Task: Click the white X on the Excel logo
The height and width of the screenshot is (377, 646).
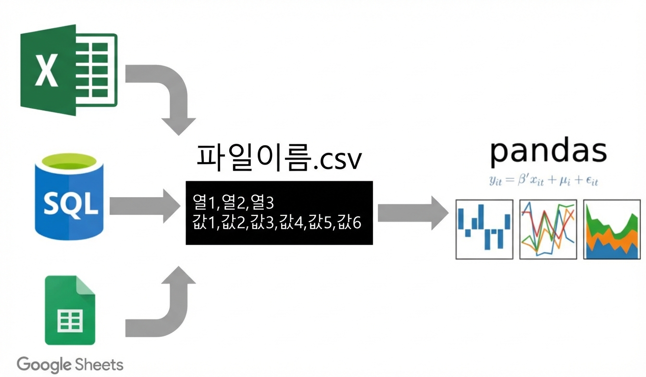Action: [x=46, y=71]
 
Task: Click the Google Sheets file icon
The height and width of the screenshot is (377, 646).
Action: [x=70, y=310]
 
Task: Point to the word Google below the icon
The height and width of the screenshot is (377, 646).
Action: [x=44, y=365]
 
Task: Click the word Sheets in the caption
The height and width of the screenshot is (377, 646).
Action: [x=99, y=364]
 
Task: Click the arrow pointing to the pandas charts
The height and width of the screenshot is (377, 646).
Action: [x=413, y=213]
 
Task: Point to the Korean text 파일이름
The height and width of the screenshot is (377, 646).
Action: [x=254, y=157]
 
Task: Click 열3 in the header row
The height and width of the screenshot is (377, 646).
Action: [x=262, y=202]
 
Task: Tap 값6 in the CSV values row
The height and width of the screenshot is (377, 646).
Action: [x=349, y=222]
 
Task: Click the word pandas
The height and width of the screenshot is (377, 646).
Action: [x=548, y=151]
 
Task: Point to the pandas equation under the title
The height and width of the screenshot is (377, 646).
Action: [x=543, y=181]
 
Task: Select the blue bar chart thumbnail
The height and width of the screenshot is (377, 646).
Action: [x=484, y=229]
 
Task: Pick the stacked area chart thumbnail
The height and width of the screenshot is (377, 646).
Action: [x=612, y=229]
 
